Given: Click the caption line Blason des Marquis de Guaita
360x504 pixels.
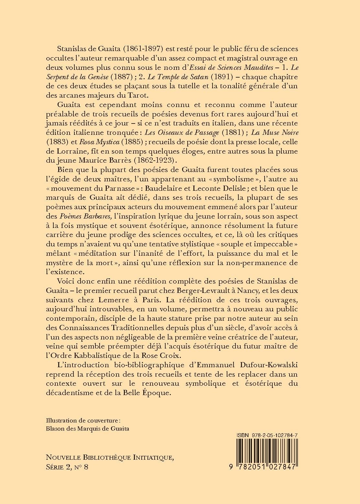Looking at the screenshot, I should click(88, 429).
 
